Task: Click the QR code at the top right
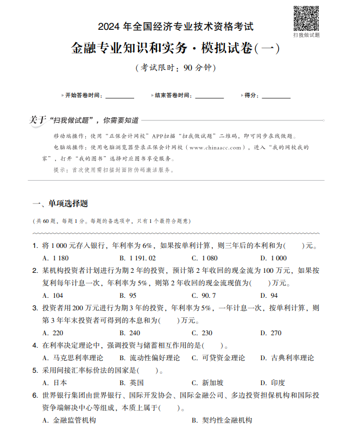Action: coord(306,17)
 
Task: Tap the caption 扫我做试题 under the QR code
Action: coord(306,35)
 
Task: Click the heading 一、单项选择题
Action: coord(60,204)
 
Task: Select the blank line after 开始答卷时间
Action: coord(119,97)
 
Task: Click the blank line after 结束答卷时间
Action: coord(209,97)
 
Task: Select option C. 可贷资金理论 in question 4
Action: coord(218,358)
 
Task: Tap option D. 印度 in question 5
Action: coord(273,383)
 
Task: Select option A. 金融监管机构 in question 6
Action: coord(70,420)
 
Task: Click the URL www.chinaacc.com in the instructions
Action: coord(215,148)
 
